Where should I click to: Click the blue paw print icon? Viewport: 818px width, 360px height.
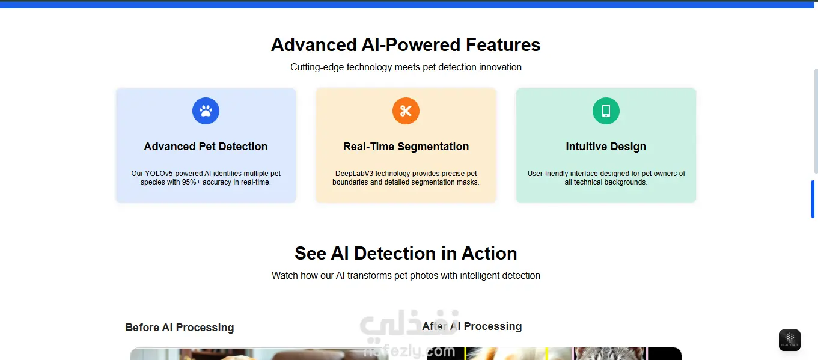click(206, 111)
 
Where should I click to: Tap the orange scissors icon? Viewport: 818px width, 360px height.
click(406, 111)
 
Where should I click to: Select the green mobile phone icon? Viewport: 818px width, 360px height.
click(606, 111)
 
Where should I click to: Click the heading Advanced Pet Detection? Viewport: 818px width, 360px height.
click(206, 147)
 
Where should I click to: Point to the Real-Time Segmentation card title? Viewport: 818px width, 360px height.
click(406, 147)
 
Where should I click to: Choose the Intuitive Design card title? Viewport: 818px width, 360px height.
click(606, 147)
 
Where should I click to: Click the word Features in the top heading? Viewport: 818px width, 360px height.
click(503, 45)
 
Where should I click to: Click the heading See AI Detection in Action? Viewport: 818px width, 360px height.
click(406, 254)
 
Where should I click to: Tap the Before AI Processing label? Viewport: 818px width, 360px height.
click(180, 328)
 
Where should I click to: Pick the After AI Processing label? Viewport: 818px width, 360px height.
click(472, 326)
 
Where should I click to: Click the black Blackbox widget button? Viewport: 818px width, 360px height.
click(790, 340)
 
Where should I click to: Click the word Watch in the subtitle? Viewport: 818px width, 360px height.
click(285, 275)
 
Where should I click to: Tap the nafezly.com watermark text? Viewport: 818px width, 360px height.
click(409, 351)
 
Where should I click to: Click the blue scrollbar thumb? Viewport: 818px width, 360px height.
click(813, 199)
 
